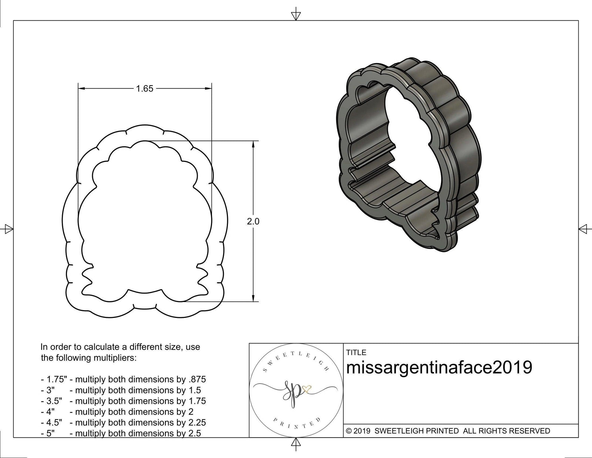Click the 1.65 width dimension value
click(x=144, y=89)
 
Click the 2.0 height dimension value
click(x=253, y=222)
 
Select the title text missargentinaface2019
click(x=439, y=368)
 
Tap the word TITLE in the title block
click(x=356, y=353)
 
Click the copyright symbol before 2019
click(x=349, y=431)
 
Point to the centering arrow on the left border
click(x=9, y=229)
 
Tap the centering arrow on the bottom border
click(x=296, y=443)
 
